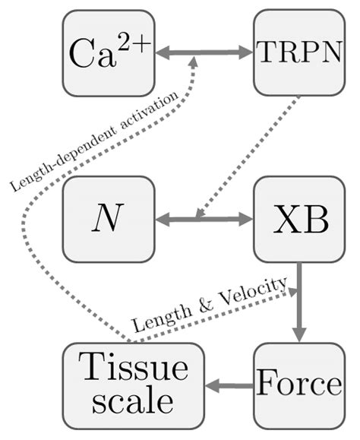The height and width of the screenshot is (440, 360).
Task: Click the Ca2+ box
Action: pyautogui.click(x=109, y=53)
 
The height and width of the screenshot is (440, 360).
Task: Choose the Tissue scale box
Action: pyautogui.click(x=133, y=386)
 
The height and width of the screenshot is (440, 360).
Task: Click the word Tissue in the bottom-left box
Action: pyautogui.click(x=133, y=369)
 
